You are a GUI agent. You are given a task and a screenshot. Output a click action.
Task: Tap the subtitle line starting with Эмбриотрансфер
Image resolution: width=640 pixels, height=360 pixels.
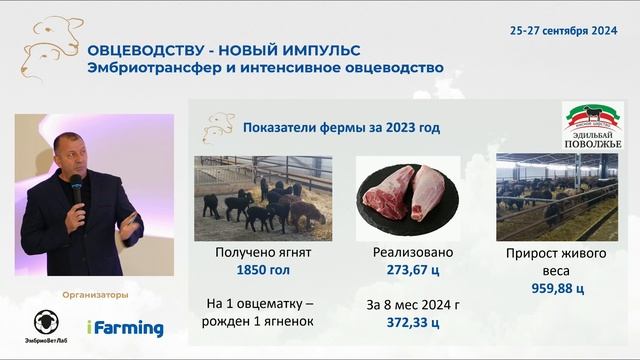pos(265,69)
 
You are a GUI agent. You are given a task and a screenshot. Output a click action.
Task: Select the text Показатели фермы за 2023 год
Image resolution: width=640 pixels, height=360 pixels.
pos(341,128)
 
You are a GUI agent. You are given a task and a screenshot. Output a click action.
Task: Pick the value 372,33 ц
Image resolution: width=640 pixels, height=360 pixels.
pos(414,322)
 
